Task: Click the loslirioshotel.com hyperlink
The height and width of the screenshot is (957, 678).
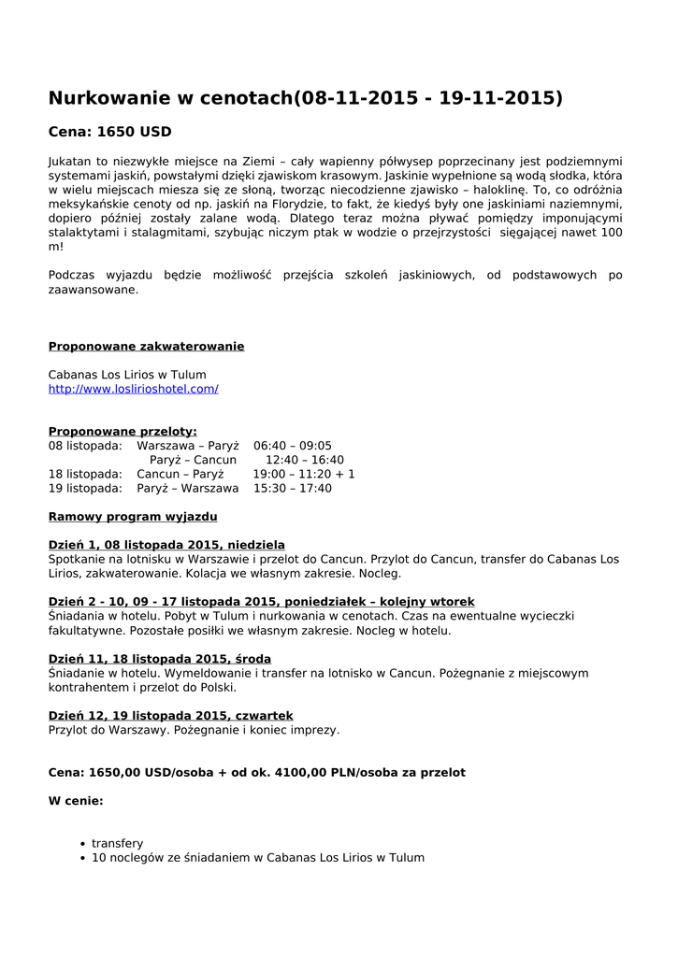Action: [x=133, y=389]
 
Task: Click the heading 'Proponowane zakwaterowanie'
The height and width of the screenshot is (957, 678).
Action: [x=146, y=347]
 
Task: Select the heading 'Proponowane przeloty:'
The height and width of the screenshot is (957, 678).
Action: [x=123, y=431]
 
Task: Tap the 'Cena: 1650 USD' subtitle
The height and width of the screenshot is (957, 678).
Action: [x=109, y=132]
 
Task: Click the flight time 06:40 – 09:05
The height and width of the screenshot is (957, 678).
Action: [x=292, y=446]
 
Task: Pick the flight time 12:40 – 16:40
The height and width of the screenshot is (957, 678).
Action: [x=304, y=460]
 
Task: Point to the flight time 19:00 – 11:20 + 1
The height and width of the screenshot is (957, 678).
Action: [x=303, y=474]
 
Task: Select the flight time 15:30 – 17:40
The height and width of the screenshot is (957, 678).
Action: [x=292, y=488]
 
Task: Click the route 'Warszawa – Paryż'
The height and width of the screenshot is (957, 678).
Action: [x=188, y=446]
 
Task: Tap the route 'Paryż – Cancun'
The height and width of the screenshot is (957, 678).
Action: [x=193, y=460]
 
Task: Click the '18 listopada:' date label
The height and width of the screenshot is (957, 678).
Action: [x=85, y=474]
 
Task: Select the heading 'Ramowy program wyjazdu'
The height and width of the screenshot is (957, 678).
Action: [x=133, y=517]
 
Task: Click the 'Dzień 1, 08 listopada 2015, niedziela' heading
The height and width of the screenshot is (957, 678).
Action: [x=166, y=545]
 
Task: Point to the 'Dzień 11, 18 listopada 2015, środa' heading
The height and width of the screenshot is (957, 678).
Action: [x=160, y=659]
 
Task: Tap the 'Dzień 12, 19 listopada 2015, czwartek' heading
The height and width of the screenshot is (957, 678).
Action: [x=171, y=716]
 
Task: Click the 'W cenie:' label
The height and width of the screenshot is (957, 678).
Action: [x=76, y=801]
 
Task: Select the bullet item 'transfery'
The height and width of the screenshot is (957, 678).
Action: [x=118, y=843]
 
